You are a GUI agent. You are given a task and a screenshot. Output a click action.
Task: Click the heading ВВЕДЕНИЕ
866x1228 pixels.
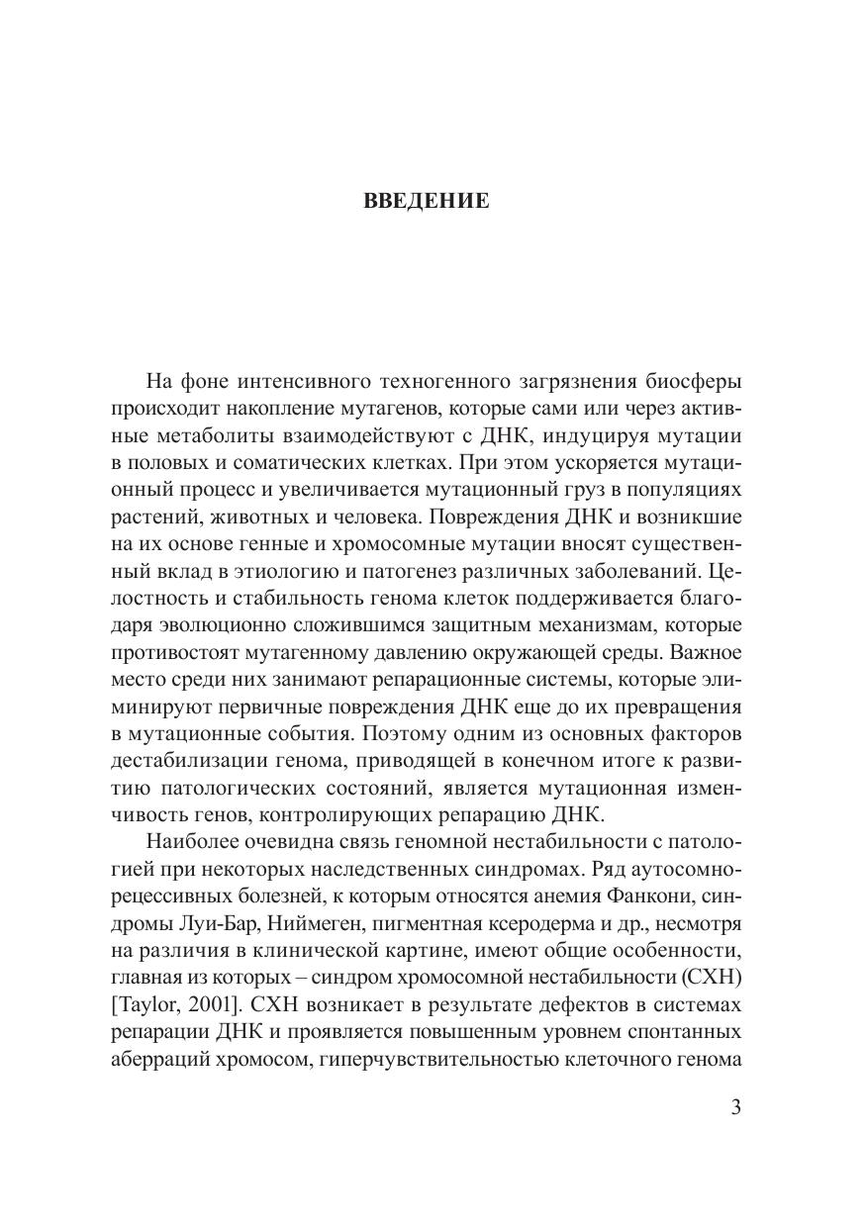pyautogui.click(x=427, y=202)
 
